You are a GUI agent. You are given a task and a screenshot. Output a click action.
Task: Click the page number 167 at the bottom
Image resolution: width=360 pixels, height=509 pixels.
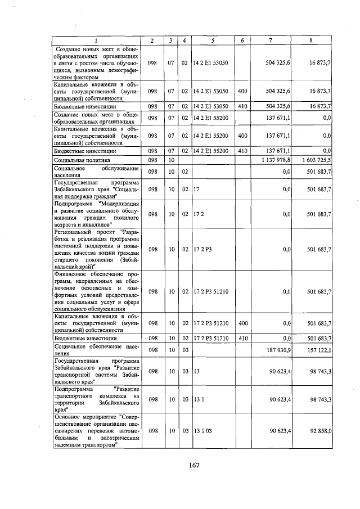(195, 465)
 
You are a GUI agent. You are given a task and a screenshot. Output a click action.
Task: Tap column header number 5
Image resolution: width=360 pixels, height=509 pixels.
(213, 40)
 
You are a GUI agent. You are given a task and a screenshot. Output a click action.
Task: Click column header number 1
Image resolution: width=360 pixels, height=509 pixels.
(95, 40)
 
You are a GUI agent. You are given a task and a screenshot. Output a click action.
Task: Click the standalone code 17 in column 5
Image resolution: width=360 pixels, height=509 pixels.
(196, 190)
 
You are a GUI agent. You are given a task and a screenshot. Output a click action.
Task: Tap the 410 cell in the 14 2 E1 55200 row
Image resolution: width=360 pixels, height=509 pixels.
(242, 151)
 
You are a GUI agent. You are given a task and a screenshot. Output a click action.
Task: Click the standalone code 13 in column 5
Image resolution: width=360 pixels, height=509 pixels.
(196, 371)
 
